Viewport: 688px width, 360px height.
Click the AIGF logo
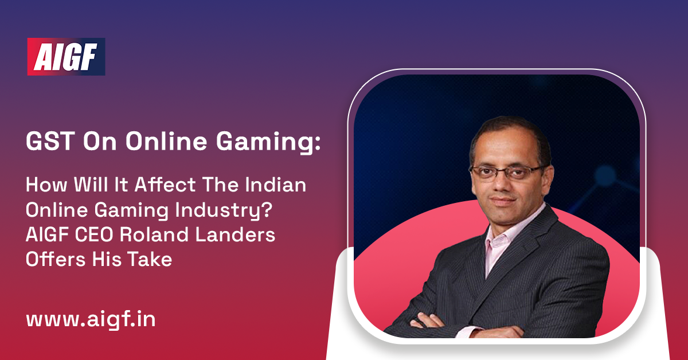click(66, 57)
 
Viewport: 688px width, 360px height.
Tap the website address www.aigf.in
click(90, 319)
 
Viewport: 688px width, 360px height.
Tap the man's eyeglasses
click(505, 171)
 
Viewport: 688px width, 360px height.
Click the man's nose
click(502, 182)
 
